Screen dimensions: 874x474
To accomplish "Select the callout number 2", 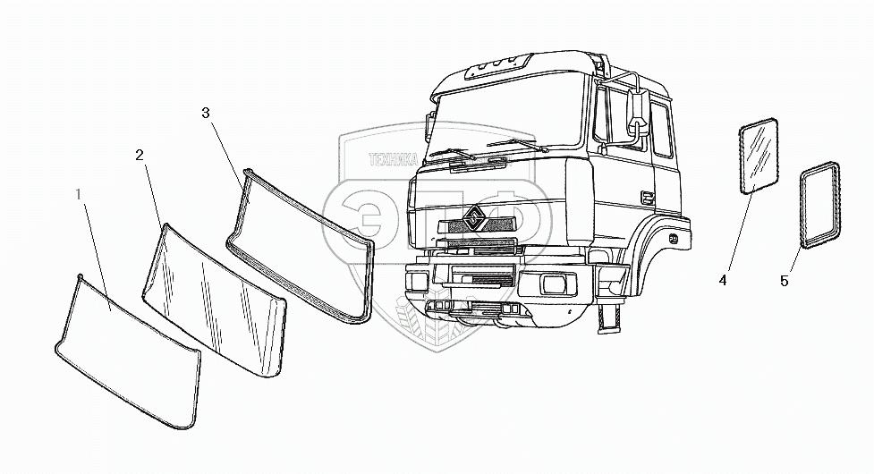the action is [140, 155].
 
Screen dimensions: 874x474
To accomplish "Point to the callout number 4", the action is [722, 280].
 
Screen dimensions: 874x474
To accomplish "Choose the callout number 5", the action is [785, 281].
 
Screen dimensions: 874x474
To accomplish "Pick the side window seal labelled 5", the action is [820, 204].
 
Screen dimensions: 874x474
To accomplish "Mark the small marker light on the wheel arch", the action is [672, 240].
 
